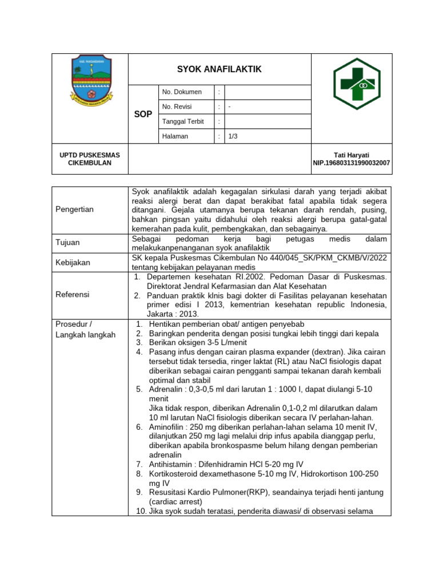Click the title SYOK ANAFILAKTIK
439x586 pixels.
pos(219,69)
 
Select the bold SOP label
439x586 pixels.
pos(143,114)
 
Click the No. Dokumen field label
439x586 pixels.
pos(182,92)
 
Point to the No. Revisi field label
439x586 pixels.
pos(177,107)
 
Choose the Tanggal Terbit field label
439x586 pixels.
pos(182,122)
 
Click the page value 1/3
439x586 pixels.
pos(233,137)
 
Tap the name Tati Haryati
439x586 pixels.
pos(351,155)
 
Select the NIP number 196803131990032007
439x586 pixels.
pos(351,163)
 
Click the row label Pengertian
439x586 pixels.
pos(74,209)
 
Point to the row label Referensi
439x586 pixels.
pos(72,294)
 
